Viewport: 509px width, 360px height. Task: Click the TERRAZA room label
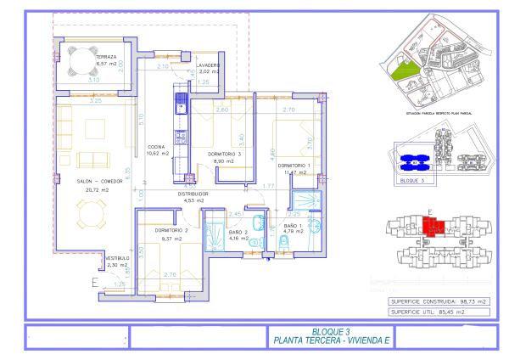(x=107, y=57)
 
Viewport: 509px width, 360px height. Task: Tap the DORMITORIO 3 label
(x=225, y=154)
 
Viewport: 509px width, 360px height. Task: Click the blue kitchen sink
(x=180, y=104)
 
